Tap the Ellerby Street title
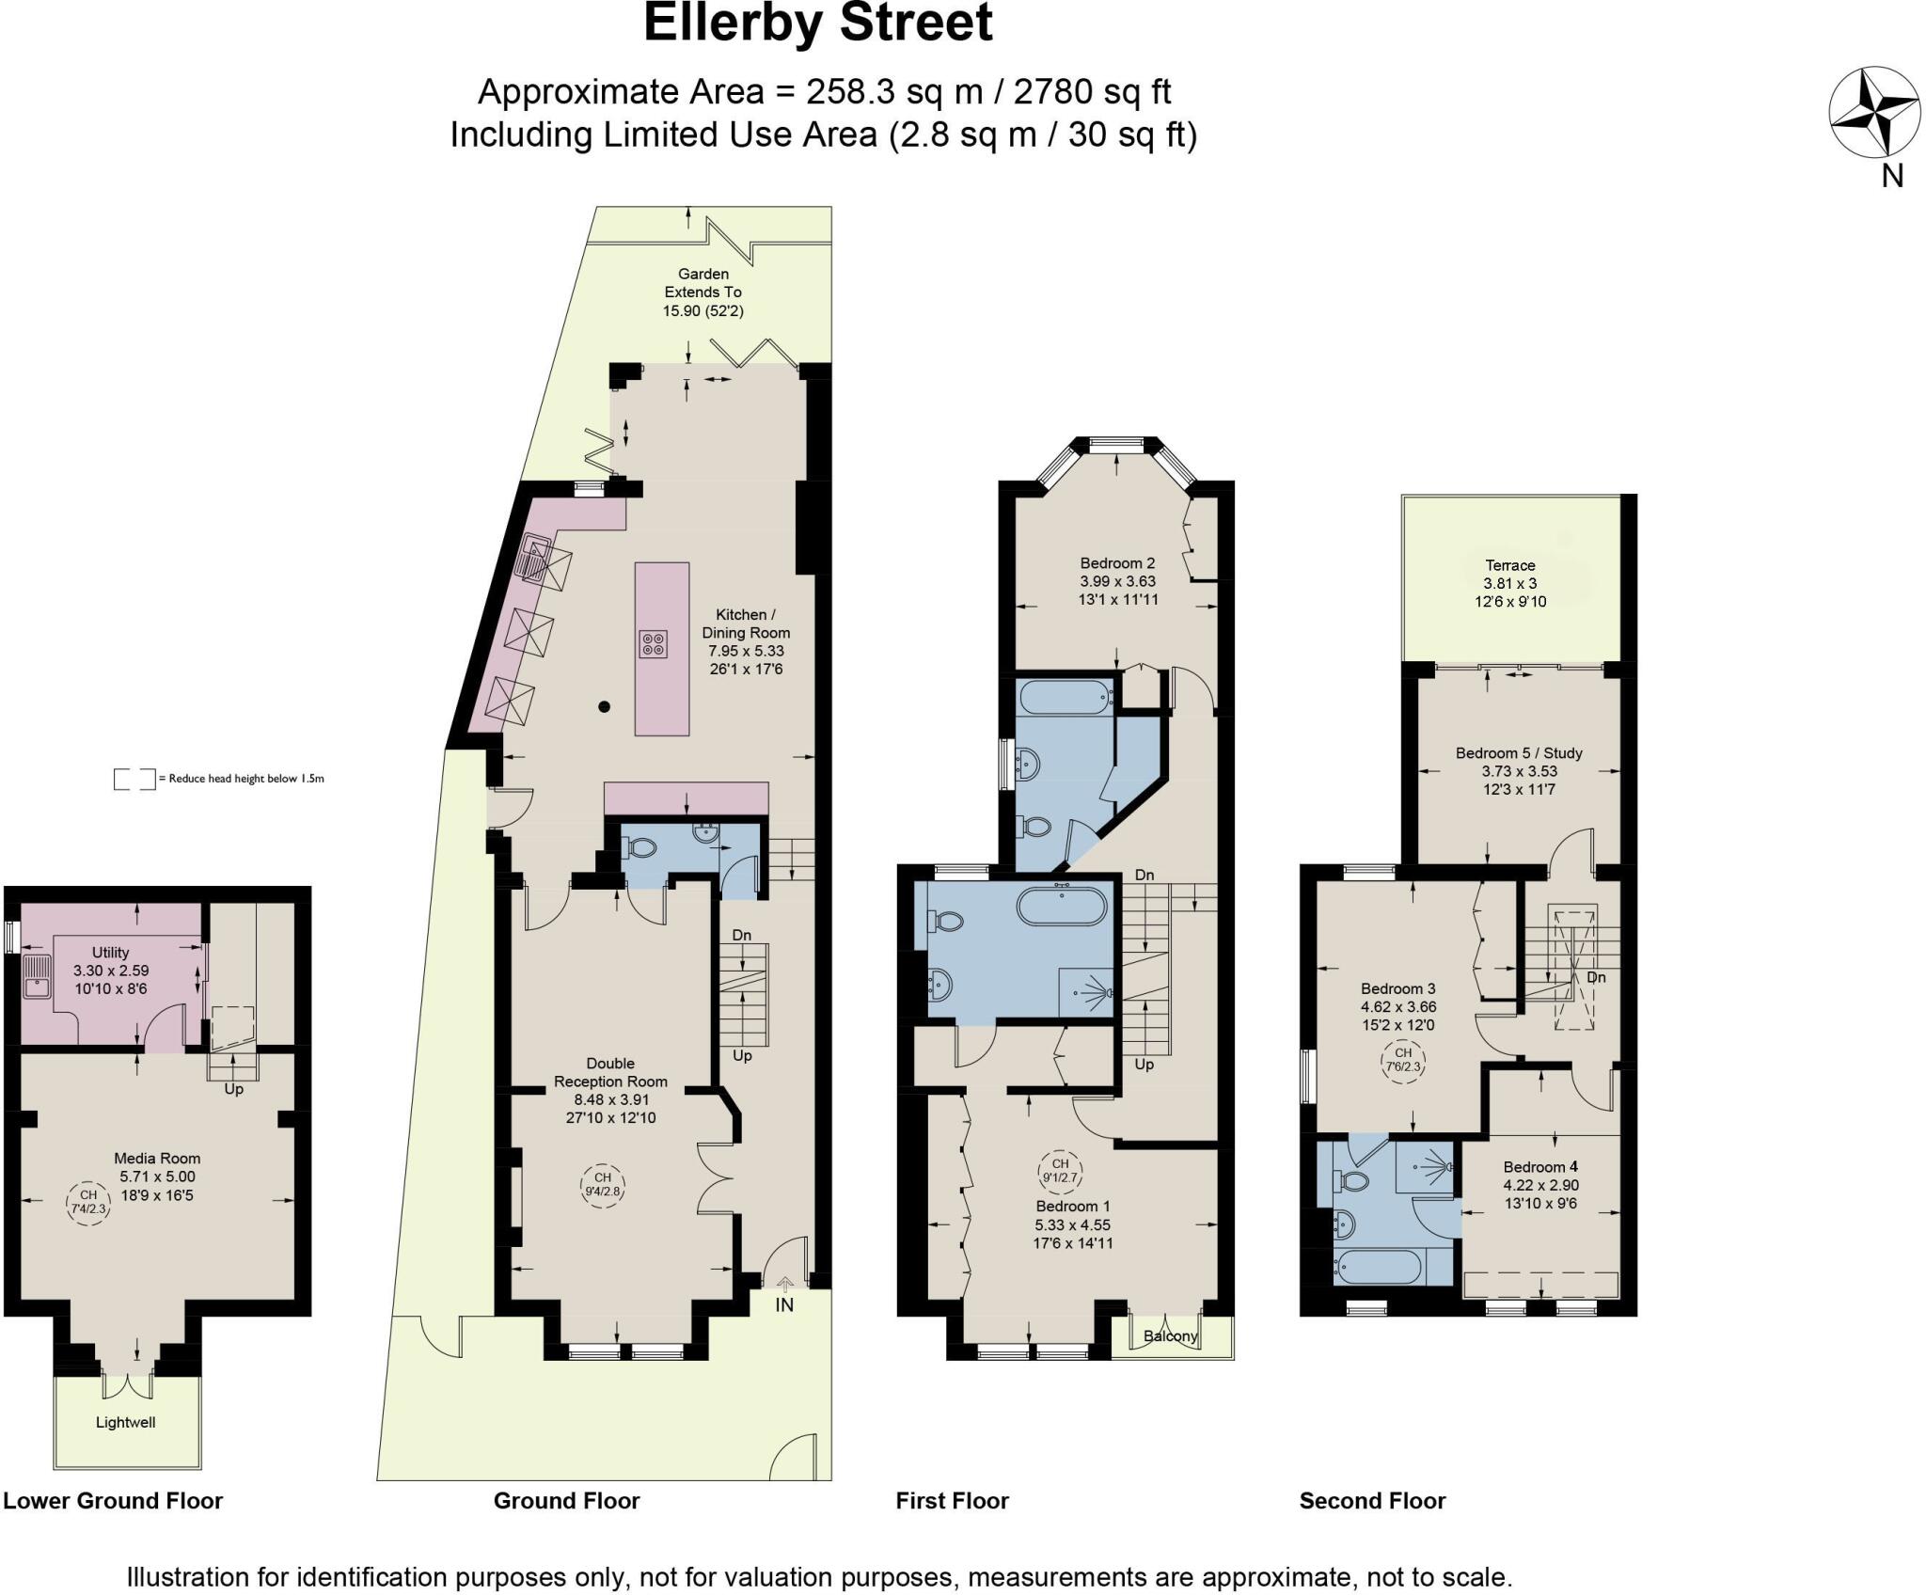817,24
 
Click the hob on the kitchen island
654,644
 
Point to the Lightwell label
125,1422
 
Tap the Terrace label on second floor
1510,565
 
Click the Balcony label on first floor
1170,1335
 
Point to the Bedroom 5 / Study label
1519,753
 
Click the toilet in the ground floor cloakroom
642,847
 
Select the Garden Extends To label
703,292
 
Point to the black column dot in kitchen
605,706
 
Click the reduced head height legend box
134,779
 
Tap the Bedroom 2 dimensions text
1117,590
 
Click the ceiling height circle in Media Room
88,1203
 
